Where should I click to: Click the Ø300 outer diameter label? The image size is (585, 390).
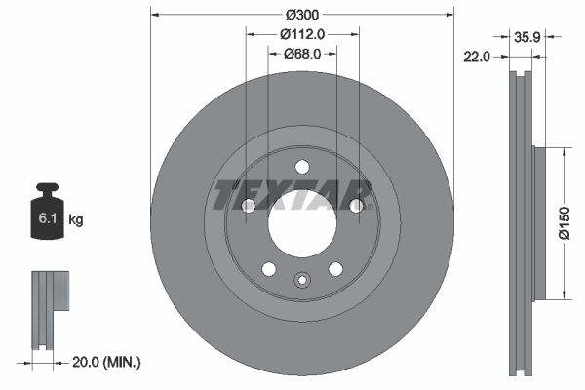[x=302, y=16]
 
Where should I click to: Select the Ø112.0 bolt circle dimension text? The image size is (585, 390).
[x=302, y=34]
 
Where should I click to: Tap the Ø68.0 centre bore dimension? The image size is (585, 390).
[x=302, y=53]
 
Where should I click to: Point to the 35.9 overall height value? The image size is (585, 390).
[x=526, y=37]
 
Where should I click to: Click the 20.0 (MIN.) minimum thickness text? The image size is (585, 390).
[x=108, y=363]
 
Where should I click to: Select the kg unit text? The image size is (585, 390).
[x=76, y=220]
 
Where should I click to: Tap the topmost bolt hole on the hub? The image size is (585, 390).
[x=301, y=166]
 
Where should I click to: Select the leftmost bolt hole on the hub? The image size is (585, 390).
[x=248, y=206]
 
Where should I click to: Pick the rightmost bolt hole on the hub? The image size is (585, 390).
[x=357, y=206]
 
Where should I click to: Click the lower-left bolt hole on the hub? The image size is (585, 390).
[x=267, y=269]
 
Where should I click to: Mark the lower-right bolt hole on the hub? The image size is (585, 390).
[x=335, y=269]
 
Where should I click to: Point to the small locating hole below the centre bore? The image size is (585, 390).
[x=301, y=283]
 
